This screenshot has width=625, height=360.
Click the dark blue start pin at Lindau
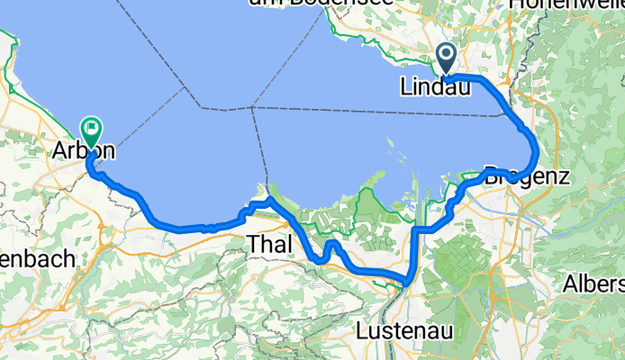pos(448,59)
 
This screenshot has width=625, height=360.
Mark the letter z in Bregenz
pos(562,178)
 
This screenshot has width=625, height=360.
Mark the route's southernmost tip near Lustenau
pos(407,284)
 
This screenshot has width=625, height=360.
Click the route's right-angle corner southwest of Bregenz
pos(415,230)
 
